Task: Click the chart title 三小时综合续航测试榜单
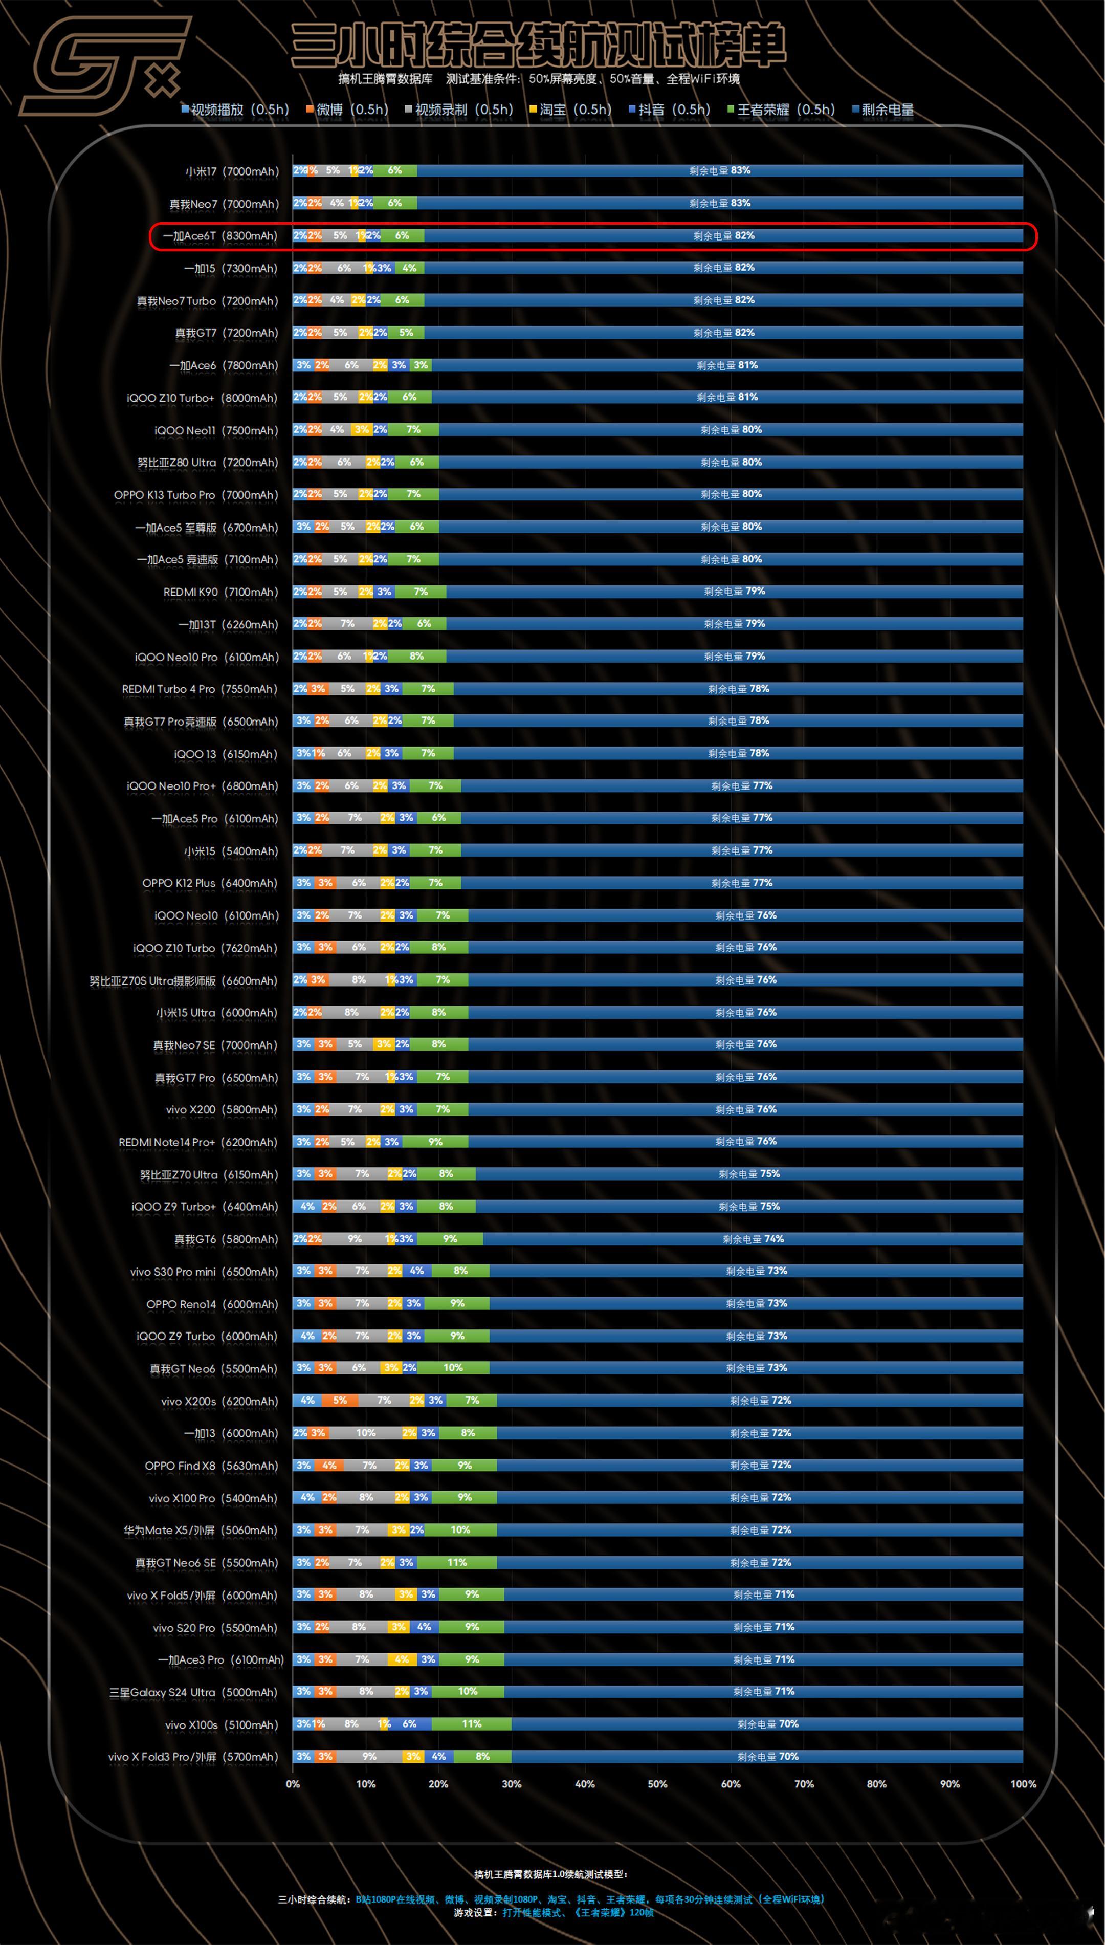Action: (x=538, y=46)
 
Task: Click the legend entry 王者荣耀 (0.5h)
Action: (x=781, y=110)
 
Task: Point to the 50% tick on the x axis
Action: (x=657, y=1783)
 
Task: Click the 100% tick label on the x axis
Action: (x=1022, y=1783)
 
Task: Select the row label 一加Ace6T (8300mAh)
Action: (x=220, y=236)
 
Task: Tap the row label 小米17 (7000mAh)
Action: (x=231, y=171)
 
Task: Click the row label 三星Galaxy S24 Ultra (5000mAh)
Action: (x=193, y=1692)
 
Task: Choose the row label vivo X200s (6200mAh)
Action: (x=219, y=1401)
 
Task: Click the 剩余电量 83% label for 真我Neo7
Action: (x=719, y=203)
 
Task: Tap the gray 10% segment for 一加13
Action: (x=366, y=1433)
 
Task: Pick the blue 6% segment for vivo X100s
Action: (x=410, y=1724)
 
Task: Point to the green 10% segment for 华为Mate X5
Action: (x=460, y=1530)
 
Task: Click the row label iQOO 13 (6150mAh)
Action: (x=226, y=754)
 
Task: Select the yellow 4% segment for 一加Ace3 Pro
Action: (x=402, y=1659)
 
